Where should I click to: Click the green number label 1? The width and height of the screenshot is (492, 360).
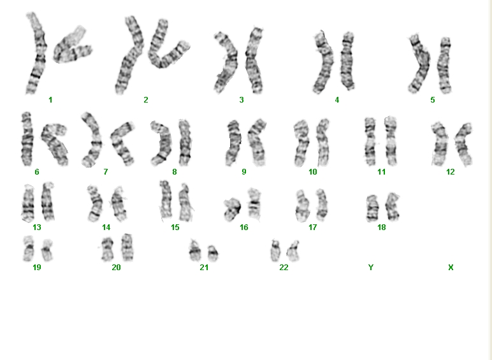point(50,100)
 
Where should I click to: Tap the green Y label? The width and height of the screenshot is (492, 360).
point(371,268)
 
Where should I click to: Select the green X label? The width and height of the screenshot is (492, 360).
point(451,268)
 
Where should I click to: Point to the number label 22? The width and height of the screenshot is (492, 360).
point(284,268)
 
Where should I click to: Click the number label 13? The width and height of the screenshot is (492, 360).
point(37,227)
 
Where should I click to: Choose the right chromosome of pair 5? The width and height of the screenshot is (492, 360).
point(445,65)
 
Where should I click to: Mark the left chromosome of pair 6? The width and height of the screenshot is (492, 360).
point(27,140)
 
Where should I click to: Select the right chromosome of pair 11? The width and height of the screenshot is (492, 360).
point(390,141)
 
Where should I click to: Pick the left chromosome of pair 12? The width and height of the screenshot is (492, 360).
point(440,144)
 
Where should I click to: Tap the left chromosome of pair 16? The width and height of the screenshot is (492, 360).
point(232,210)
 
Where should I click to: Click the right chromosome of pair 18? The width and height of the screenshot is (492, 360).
point(392,207)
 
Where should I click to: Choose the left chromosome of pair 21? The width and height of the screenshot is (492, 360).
point(194,251)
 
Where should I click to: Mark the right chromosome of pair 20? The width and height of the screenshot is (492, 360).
point(127,248)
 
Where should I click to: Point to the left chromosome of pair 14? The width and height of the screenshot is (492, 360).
point(96,204)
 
